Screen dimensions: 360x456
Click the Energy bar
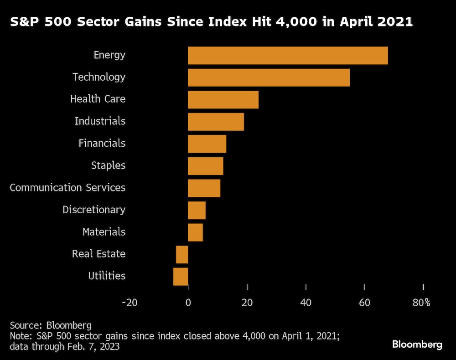pyautogui.click(x=288, y=56)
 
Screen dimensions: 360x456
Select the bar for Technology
pyautogui.click(x=269, y=77)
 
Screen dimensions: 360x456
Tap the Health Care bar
pyautogui.click(x=223, y=100)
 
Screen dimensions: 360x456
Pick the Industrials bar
pyautogui.click(x=216, y=122)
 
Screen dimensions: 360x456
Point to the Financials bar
pyautogui.click(x=207, y=144)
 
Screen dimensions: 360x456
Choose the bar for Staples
pyautogui.click(x=206, y=166)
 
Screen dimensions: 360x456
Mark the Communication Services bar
pyautogui.click(x=204, y=188)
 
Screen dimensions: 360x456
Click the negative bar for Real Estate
pyautogui.click(x=182, y=254)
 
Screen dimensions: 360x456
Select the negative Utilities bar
pyautogui.click(x=181, y=277)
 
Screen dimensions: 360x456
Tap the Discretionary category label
pyautogui.click(x=94, y=210)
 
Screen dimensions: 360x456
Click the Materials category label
pyautogui.click(x=104, y=232)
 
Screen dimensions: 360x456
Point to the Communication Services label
pyautogui.click(x=67, y=188)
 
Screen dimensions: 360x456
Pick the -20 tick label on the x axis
pyautogui.click(x=130, y=303)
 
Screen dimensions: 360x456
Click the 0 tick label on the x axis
pyautogui.click(x=188, y=303)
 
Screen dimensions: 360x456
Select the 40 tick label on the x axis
pyautogui.click(x=306, y=303)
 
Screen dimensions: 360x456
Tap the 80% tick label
pyautogui.click(x=421, y=303)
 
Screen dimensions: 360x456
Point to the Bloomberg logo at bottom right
pyautogui.click(x=417, y=345)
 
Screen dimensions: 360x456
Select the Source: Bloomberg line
pyautogui.click(x=51, y=325)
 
